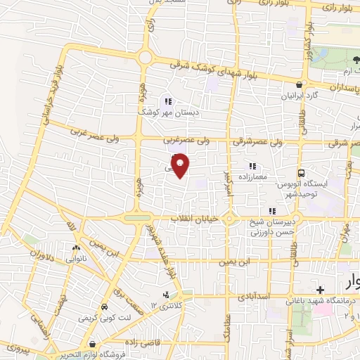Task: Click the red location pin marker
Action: [181, 165]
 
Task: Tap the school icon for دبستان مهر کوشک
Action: [167, 101]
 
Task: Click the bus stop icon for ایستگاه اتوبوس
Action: [302, 173]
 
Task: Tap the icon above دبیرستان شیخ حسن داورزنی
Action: [271, 210]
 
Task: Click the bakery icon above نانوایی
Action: [77, 247]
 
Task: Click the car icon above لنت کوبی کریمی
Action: [104, 308]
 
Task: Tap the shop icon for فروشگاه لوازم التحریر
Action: [92, 345]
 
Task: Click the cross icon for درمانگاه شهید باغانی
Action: [321, 290]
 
